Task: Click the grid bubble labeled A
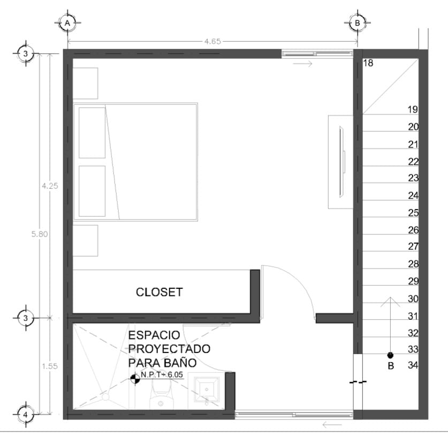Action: click(67, 23)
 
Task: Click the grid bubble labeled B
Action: click(357, 23)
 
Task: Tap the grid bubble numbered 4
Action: click(26, 415)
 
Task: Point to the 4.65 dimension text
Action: click(212, 42)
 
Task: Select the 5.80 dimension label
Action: click(40, 234)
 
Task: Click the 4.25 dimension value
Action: click(50, 186)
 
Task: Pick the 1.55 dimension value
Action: click(50, 366)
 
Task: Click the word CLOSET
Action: click(159, 292)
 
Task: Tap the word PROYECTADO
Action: click(169, 349)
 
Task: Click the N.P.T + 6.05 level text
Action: click(162, 374)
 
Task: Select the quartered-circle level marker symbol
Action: click(135, 379)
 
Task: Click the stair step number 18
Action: click(368, 63)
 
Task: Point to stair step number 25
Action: click(413, 213)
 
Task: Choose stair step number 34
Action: click(413, 365)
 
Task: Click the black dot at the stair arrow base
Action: click(390, 355)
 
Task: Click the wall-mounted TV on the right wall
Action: click(341, 162)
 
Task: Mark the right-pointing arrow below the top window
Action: click(303, 64)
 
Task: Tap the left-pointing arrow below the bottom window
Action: click(332, 425)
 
